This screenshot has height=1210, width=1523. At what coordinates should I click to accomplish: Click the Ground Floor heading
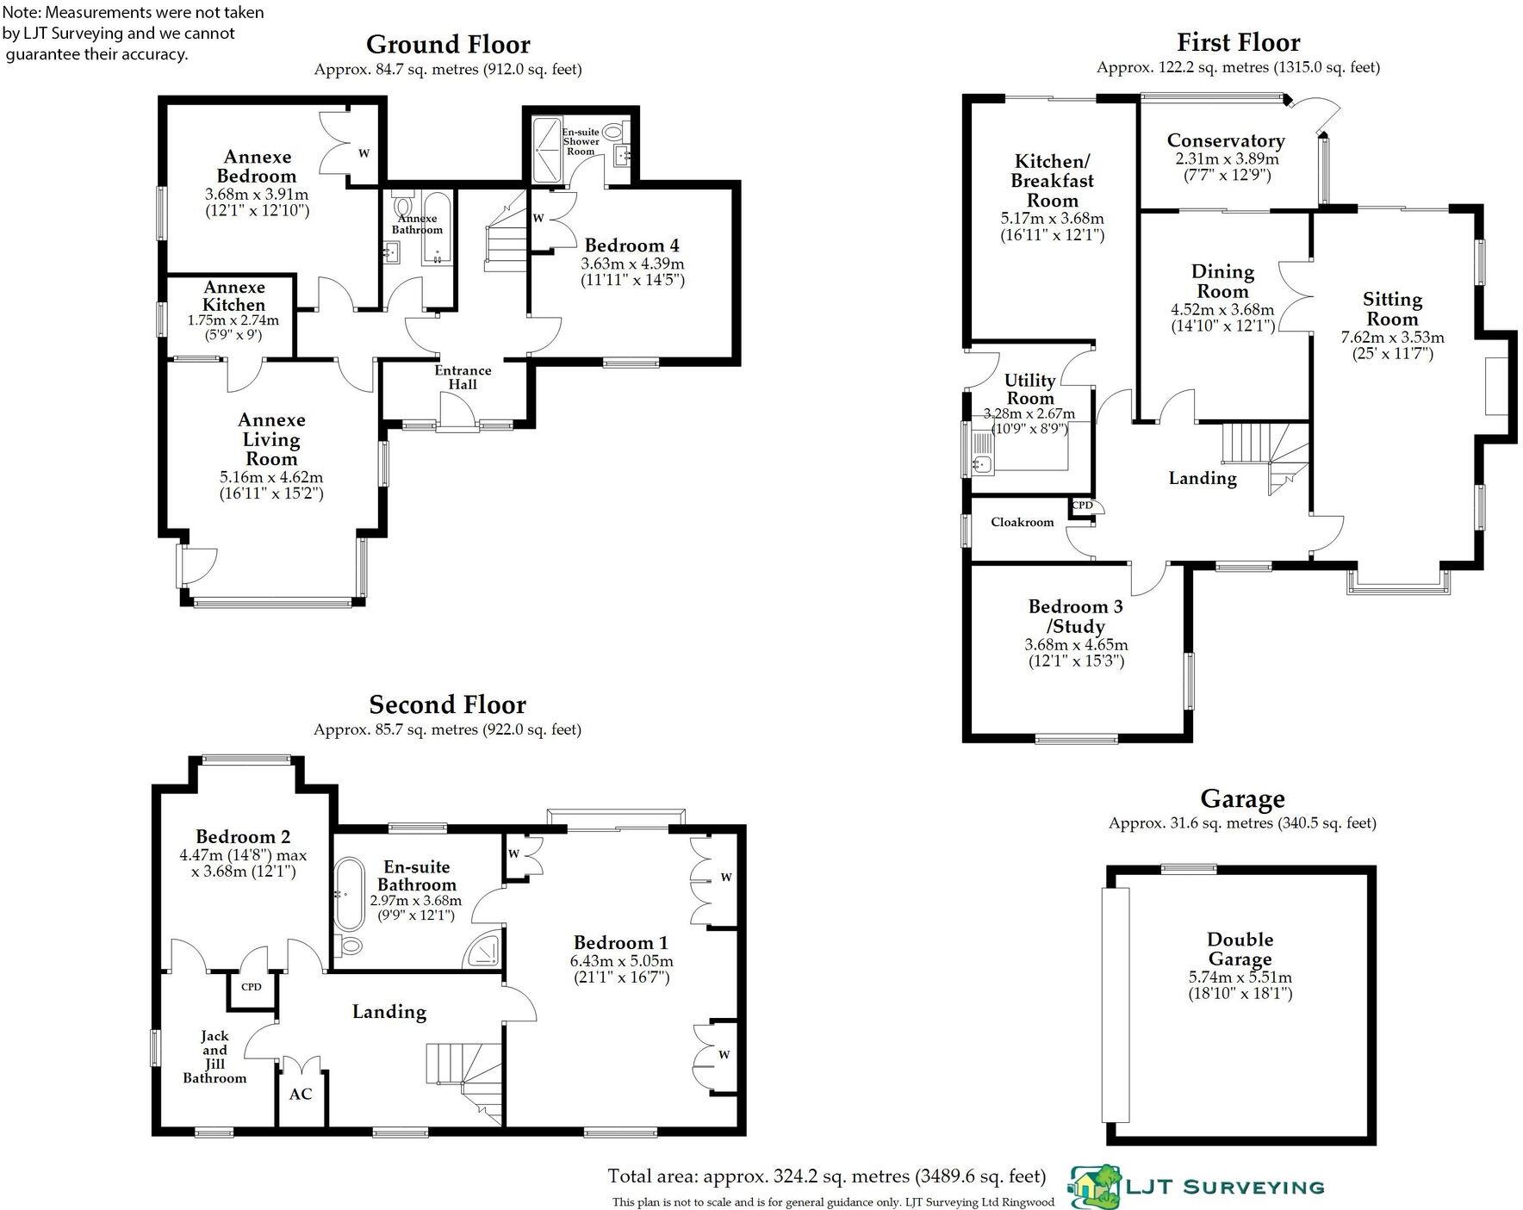point(448,44)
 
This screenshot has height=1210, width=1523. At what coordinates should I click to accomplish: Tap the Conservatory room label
point(1226,140)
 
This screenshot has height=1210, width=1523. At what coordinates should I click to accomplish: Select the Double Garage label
point(1240,949)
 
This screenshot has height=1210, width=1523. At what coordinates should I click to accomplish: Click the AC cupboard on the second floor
point(301,1095)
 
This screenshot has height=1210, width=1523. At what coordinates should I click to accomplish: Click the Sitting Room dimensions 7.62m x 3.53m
point(1392,338)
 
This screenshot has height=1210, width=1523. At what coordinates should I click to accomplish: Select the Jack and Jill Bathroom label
point(214,1057)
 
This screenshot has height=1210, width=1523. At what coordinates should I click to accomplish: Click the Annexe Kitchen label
point(233,295)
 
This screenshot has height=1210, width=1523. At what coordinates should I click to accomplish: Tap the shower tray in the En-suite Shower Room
point(546,150)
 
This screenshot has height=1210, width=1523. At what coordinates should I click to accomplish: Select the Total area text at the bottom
point(826,1176)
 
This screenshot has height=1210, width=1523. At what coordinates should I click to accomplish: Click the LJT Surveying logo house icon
point(1096,1185)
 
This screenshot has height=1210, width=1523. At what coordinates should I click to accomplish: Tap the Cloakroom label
point(1022,522)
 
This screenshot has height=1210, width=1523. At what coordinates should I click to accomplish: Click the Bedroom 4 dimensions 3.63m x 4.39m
point(632,264)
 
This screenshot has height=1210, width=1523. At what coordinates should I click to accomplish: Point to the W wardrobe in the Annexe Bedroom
point(363,153)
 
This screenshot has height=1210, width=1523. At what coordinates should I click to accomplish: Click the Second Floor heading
point(447,704)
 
